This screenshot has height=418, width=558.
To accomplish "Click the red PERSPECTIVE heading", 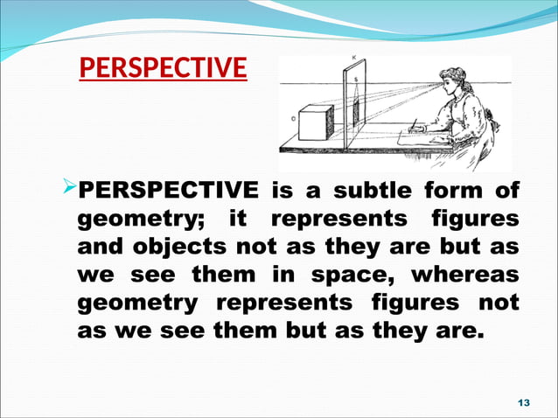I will point(163,67).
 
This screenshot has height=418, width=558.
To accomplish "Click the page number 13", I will point(525,401).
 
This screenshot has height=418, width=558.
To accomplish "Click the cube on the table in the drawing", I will point(313,123).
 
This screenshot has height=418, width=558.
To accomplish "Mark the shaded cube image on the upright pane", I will point(355,112).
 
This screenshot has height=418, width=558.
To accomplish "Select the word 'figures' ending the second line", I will point(480,218).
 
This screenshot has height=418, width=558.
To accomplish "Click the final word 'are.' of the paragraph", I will point(457,332).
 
